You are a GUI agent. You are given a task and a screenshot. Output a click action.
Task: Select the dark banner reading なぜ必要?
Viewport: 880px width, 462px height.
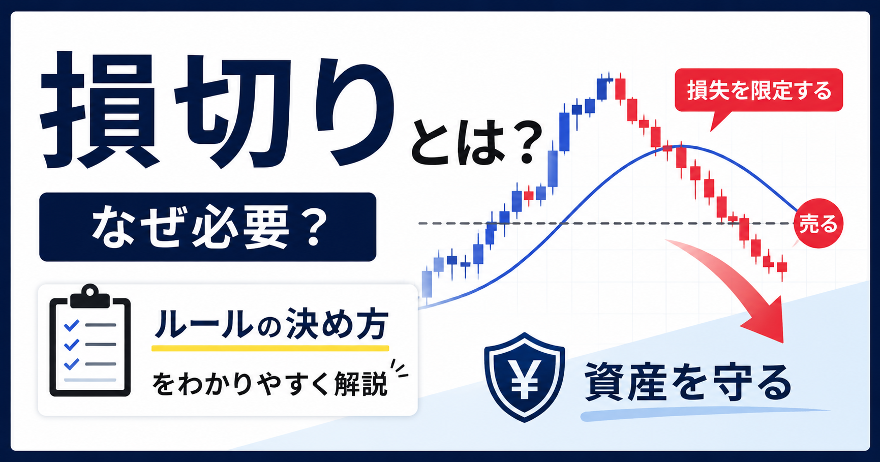pos(207,227)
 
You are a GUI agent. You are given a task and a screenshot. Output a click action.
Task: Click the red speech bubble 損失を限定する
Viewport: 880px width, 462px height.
pos(758,90)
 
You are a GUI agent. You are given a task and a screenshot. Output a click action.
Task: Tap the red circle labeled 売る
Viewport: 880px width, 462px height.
pos(818,223)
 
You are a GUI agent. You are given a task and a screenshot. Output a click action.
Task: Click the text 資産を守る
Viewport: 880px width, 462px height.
pos(687,382)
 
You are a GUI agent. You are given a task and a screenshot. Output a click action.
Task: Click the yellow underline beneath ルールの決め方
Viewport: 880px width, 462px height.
pos(270,348)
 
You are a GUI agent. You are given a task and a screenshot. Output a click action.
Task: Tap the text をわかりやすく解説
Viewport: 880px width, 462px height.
pos(269,384)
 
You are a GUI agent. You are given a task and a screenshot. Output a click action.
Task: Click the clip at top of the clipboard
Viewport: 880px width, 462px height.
pos(90,296)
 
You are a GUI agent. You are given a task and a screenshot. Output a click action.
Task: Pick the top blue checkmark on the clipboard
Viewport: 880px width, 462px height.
pos(71,325)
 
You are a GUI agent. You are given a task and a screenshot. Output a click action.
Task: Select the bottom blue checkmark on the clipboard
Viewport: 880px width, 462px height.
pos(71,364)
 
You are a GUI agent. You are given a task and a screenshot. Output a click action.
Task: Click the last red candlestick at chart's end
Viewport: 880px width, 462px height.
pos(782,267)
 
